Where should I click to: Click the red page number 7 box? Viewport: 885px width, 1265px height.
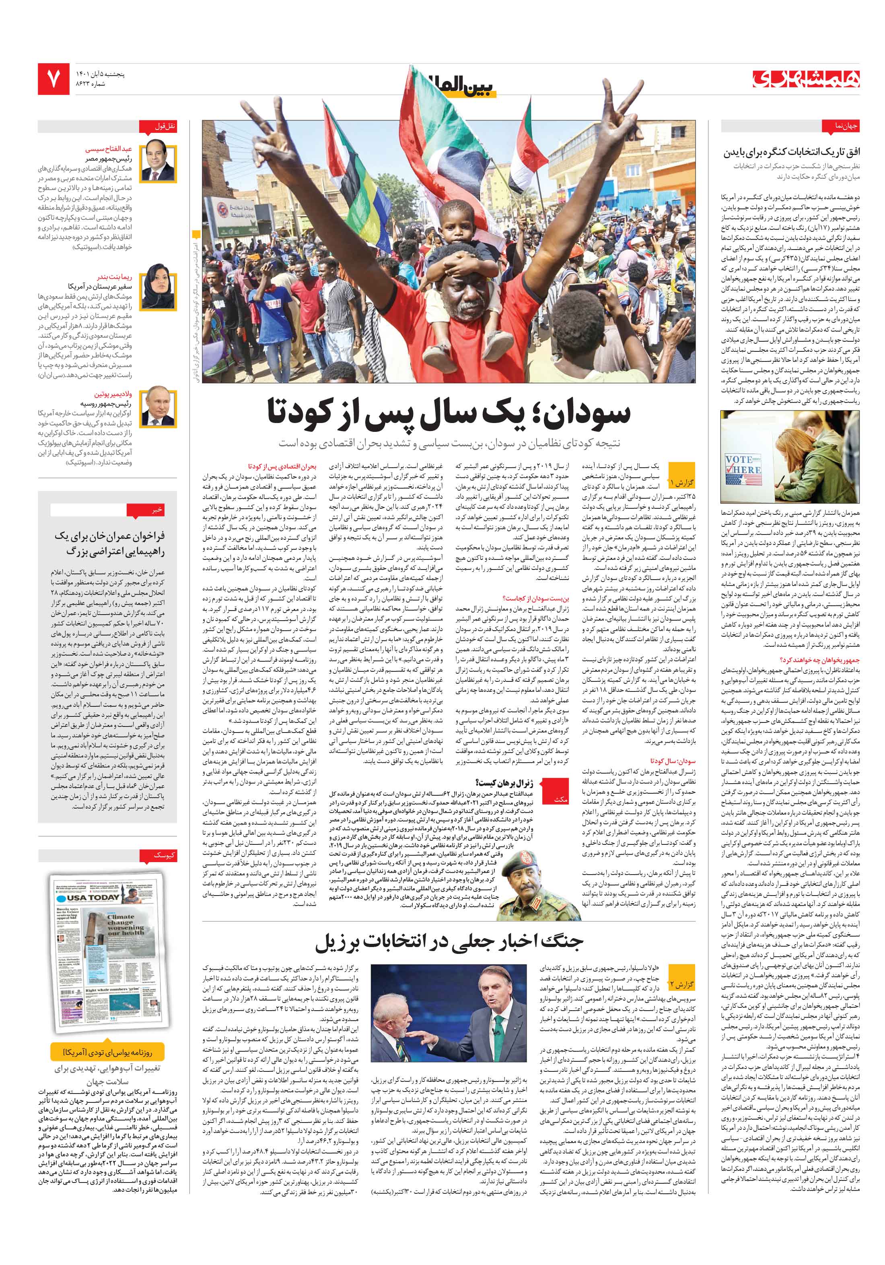[x=54, y=79]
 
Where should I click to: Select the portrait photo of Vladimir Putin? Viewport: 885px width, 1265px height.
[x=158, y=408]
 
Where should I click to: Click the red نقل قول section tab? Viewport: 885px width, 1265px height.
[x=165, y=126]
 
